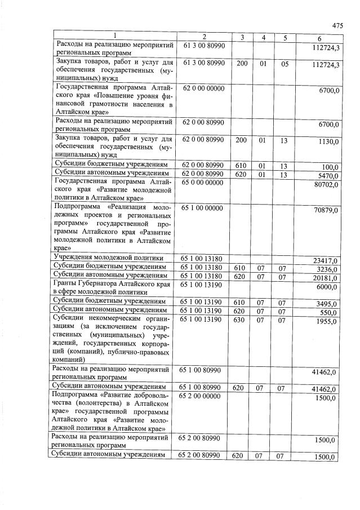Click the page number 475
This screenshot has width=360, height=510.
[337, 25]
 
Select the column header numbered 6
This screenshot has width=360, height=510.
[319, 38]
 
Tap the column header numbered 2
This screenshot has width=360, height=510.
[203, 37]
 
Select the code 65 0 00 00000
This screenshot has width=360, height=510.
[203, 183]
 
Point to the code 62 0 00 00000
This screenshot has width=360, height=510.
[203, 88]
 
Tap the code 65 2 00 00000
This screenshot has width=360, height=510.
[203, 397]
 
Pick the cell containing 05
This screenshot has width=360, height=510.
[285, 64]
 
